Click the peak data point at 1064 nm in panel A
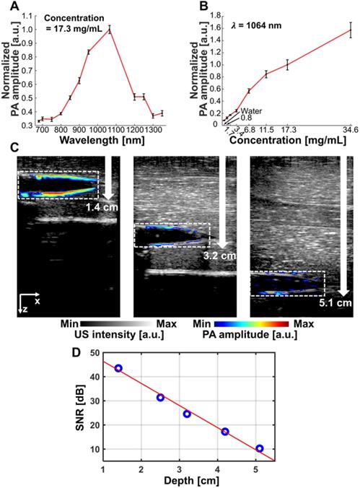click(x=110, y=30)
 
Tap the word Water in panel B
click(x=251, y=110)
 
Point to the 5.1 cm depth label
click(x=335, y=303)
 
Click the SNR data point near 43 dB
click(x=118, y=368)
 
